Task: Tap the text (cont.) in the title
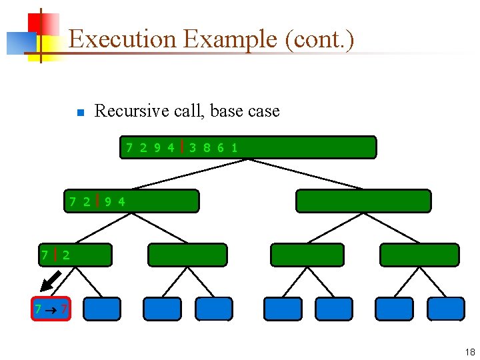coord(319,39)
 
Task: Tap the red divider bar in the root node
coord(182,147)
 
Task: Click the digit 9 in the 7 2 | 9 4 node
coord(108,201)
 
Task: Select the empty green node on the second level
coord(363,201)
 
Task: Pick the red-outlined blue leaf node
coord(50,309)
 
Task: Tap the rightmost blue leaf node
coord(446,309)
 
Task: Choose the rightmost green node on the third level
coord(419,255)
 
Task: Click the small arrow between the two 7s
coord(50,309)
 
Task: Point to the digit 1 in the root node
coord(235,147)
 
